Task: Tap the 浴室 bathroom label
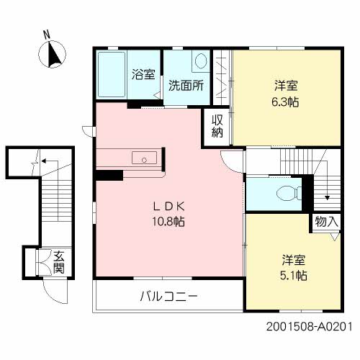(144, 73)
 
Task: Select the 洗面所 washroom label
(186, 84)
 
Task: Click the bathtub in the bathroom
(112, 76)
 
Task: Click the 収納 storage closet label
(217, 126)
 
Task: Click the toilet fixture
(286, 192)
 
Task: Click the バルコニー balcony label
(167, 296)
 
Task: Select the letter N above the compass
(46, 33)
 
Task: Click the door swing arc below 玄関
(55, 290)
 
